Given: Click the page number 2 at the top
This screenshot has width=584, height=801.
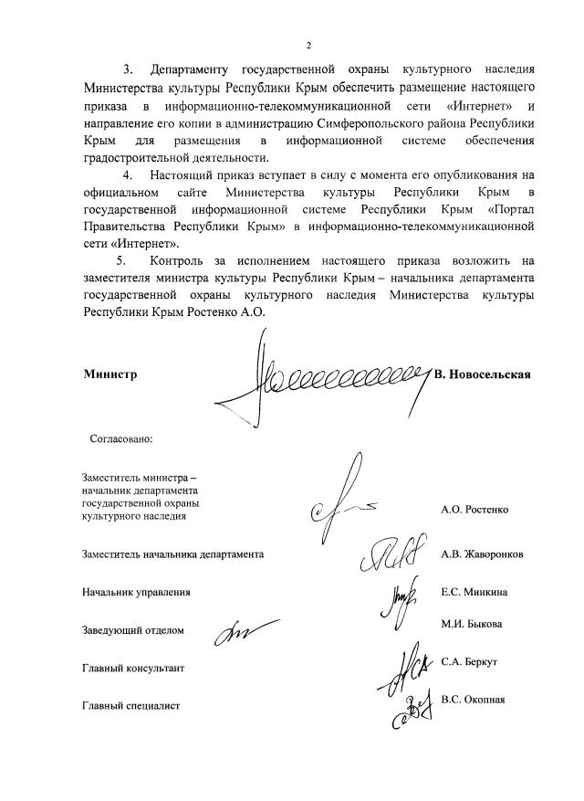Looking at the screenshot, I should pyautogui.click(x=308, y=45).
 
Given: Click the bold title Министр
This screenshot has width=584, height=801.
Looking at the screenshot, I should pyautogui.click(x=109, y=374).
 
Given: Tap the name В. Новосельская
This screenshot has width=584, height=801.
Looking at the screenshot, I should pyautogui.click(x=483, y=374).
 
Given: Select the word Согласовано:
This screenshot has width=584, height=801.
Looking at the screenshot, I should pyautogui.click(x=120, y=437).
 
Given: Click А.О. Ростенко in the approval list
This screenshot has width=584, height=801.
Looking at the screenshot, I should pyautogui.click(x=474, y=509).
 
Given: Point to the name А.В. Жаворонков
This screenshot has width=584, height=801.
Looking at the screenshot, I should pyautogui.click(x=482, y=554).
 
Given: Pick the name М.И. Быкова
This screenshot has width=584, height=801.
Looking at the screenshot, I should pyautogui.click(x=471, y=624).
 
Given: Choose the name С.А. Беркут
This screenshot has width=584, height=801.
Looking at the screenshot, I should pyautogui.click(x=468, y=660).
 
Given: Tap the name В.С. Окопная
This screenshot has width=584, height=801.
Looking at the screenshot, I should pyautogui.click(x=472, y=700).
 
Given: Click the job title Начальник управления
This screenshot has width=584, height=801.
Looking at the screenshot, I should pyautogui.click(x=136, y=592).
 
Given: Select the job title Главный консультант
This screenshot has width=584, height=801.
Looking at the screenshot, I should pyautogui.click(x=133, y=669).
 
